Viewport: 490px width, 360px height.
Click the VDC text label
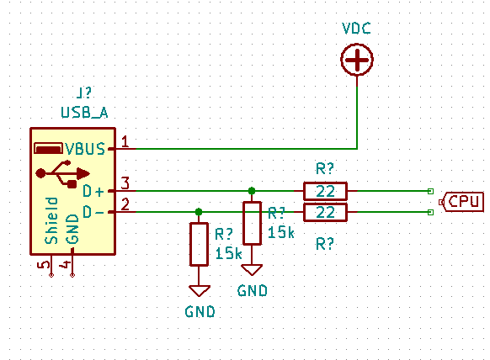pyautogui.click(x=357, y=29)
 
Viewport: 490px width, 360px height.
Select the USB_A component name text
pyautogui.click(x=84, y=113)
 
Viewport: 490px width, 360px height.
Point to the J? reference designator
pyautogui.click(x=83, y=93)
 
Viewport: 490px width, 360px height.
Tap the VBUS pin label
pyautogui.click(x=85, y=149)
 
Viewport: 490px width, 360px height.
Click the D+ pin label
pyautogui.click(x=93, y=191)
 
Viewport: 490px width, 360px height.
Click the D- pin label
pyautogui.click(x=93, y=212)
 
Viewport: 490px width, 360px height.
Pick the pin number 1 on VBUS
pyautogui.click(x=125, y=141)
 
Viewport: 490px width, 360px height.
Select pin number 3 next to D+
pyautogui.click(x=125, y=183)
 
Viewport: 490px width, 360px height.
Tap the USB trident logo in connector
pyautogui.click(x=62, y=174)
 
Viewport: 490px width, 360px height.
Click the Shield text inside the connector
pyautogui.click(x=51, y=220)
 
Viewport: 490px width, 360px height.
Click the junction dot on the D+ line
pyautogui.click(x=252, y=191)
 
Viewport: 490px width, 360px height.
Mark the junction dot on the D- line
pyautogui.click(x=199, y=212)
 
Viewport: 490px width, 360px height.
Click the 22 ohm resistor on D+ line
pyautogui.click(x=325, y=191)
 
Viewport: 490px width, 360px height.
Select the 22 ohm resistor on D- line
pyautogui.click(x=325, y=212)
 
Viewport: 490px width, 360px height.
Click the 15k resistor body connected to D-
pyautogui.click(x=199, y=244)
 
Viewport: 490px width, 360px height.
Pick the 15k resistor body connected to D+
pyautogui.click(x=252, y=223)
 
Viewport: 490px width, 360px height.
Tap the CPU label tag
pyautogui.click(x=461, y=202)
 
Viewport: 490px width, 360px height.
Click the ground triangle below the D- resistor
pyautogui.click(x=199, y=291)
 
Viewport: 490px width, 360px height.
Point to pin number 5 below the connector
pyautogui.click(x=44, y=264)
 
